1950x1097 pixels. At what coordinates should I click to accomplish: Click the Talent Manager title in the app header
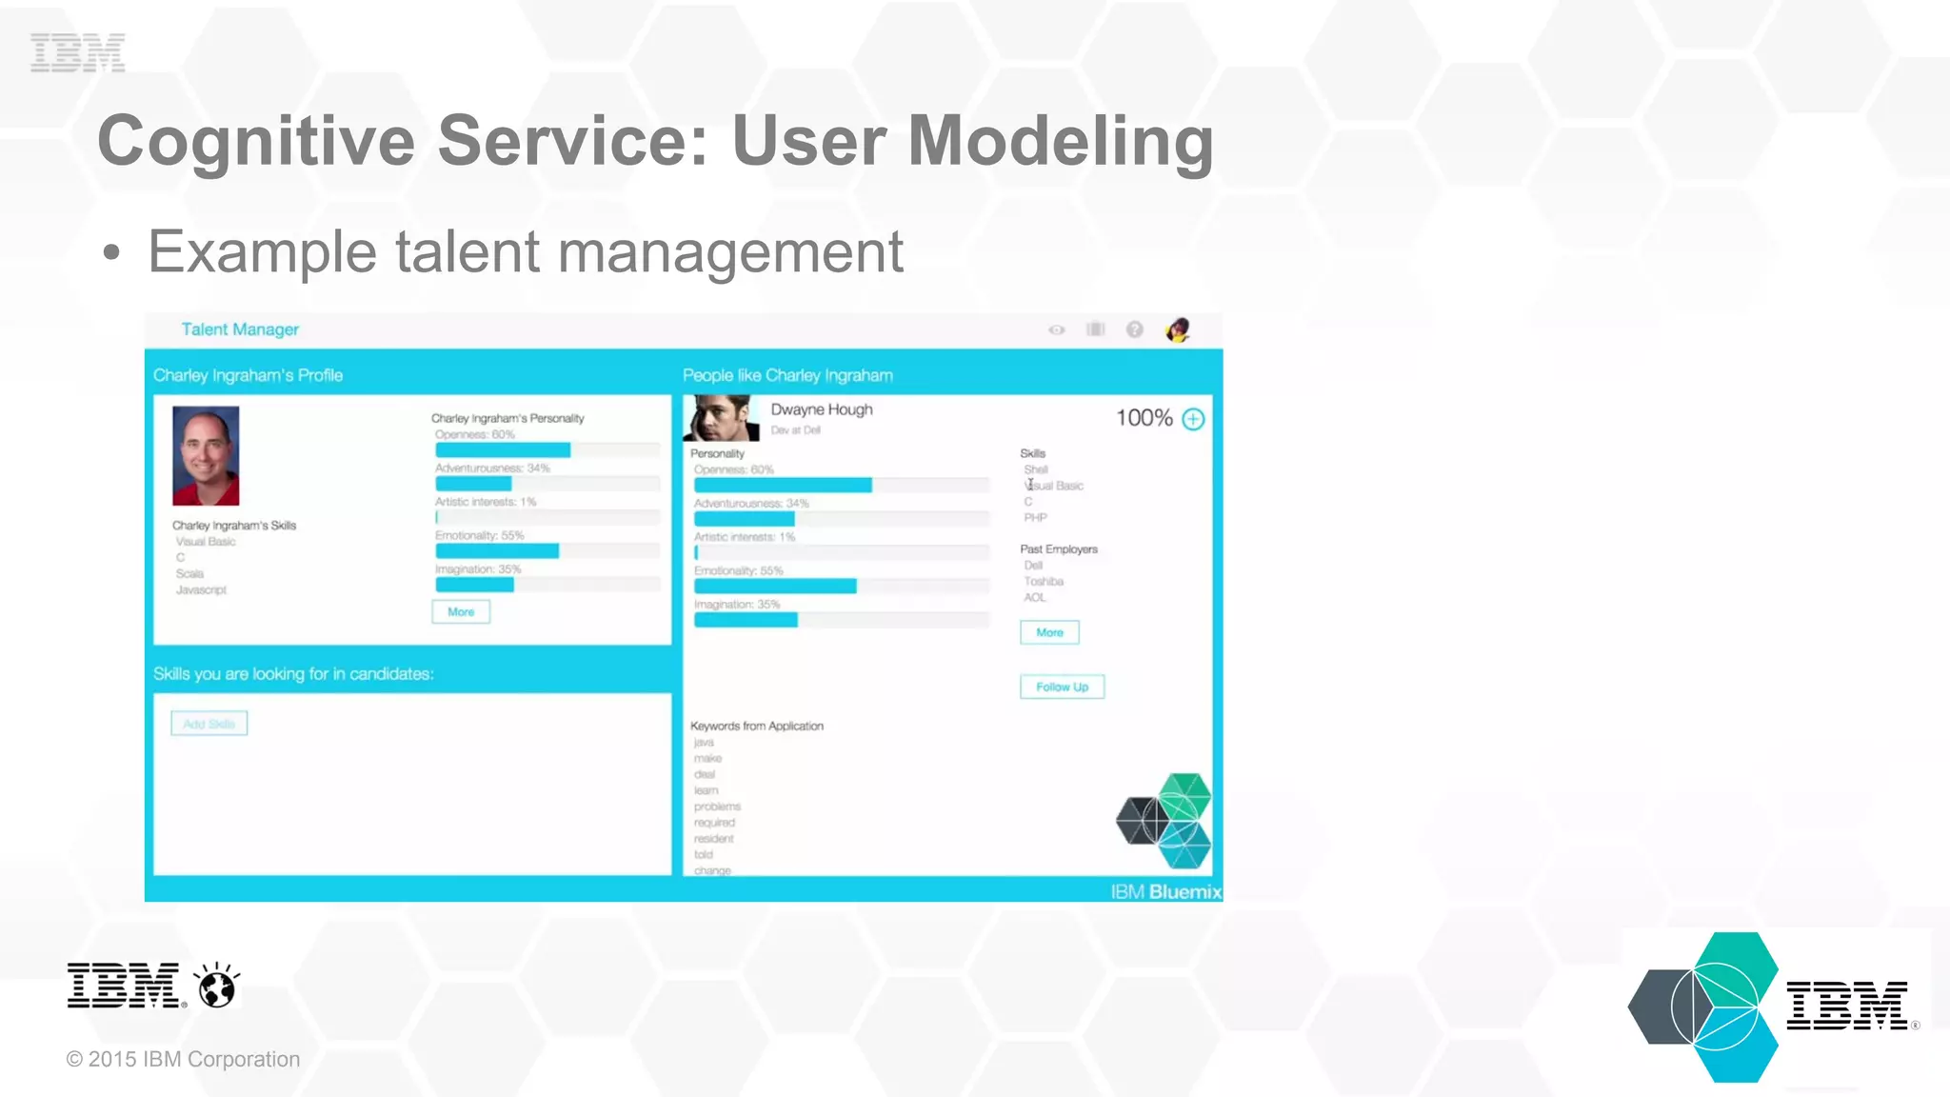coord(240,329)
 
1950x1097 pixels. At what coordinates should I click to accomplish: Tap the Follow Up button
coord(1062,687)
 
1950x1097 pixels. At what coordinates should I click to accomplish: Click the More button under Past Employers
coord(1049,632)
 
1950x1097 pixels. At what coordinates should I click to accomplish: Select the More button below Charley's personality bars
coord(461,611)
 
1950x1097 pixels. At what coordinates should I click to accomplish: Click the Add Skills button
coord(209,724)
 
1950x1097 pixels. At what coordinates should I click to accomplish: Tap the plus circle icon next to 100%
coord(1193,419)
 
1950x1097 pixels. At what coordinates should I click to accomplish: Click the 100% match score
coord(1144,418)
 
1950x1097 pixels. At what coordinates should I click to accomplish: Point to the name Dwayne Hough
coord(821,409)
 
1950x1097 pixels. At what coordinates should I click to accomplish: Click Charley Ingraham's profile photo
coord(206,455)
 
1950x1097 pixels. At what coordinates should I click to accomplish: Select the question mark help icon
coord(1134,329)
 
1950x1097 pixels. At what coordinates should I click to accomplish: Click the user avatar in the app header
coord(1178,329)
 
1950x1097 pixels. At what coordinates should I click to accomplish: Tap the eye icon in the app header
coord(1056,330)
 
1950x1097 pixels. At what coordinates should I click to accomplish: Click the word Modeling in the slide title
coord(1060,141)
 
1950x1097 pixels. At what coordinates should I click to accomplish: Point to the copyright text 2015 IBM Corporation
coord(183,1059)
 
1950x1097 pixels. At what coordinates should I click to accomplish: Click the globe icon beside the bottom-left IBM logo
coord(217,987)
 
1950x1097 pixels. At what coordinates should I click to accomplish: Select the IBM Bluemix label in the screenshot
coord(1165,891)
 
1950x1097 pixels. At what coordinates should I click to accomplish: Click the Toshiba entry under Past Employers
coord(1044,581)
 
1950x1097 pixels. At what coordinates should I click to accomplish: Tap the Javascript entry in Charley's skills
coord(201,589)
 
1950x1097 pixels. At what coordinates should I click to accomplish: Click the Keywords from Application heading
coord(757,726)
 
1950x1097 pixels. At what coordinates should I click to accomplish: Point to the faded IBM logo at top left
coord(77,52)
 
